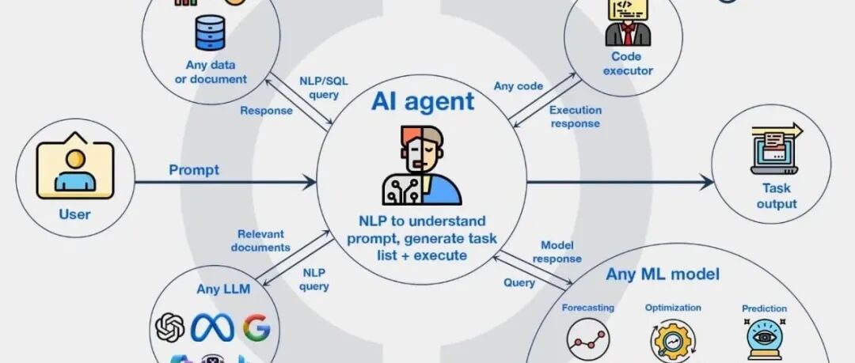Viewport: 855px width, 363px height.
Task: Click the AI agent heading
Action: click(424, 101)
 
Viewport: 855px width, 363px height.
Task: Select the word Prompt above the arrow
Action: click(194, 170)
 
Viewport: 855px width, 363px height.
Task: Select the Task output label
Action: click(777, 196)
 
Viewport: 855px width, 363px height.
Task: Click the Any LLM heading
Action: click(223, 289)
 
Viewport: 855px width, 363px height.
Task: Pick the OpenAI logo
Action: click(170, 327)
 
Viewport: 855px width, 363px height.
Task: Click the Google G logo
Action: click(256, 327)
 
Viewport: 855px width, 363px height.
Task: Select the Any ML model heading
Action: click(663, 275)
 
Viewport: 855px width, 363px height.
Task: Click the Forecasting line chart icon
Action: click(588, 338)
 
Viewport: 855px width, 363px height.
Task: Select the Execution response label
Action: click(576, 117)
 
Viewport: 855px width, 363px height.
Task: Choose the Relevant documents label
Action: click(261, 240)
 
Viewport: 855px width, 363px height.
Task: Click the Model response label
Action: click(557, 252)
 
